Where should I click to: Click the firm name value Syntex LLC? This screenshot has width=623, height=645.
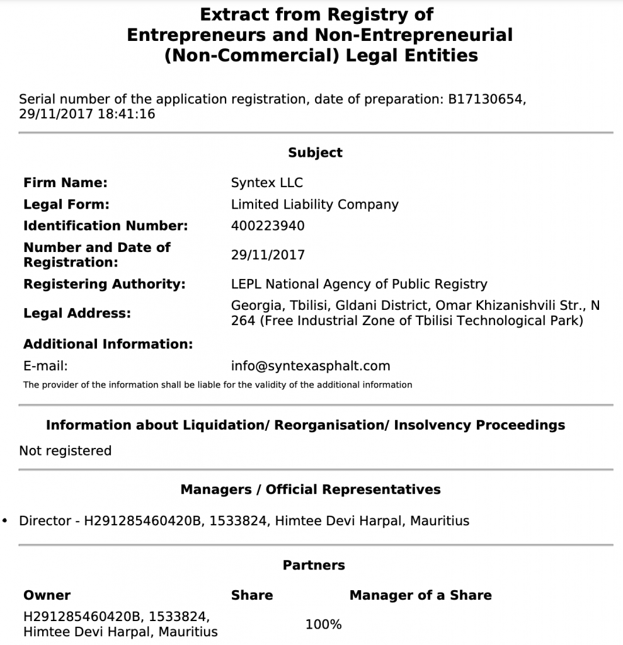pos(267,183)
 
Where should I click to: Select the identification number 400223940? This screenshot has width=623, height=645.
pos(268,225)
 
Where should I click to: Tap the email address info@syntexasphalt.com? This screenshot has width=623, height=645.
pos(311,365)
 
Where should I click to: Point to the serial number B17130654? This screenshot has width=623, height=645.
pos(486,99)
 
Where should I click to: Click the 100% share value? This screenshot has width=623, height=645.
pos(323,624)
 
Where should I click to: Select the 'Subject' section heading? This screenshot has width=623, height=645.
pos(315,152)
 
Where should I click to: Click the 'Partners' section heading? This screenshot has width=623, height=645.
pos(314,565)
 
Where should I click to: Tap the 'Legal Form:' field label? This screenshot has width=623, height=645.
pos(66,204)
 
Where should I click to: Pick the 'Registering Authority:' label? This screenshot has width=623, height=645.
pos(105,284)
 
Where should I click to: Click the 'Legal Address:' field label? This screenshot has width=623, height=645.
pos(77,313)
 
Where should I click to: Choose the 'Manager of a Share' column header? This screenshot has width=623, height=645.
pos(420,595)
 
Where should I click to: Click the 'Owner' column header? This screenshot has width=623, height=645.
pos(47,595)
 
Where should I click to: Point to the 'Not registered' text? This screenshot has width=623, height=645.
pos(65,450)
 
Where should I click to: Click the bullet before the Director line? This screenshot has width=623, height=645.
pos(6,521)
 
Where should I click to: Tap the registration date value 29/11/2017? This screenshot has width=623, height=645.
pos(268,255)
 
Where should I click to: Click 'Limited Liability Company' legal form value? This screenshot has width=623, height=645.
pos(314,204)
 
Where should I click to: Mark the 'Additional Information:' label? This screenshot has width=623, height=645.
pos(108,344)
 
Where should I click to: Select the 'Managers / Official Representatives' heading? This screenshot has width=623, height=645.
pos(311,489)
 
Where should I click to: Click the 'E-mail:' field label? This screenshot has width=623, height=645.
pos(45,365)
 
